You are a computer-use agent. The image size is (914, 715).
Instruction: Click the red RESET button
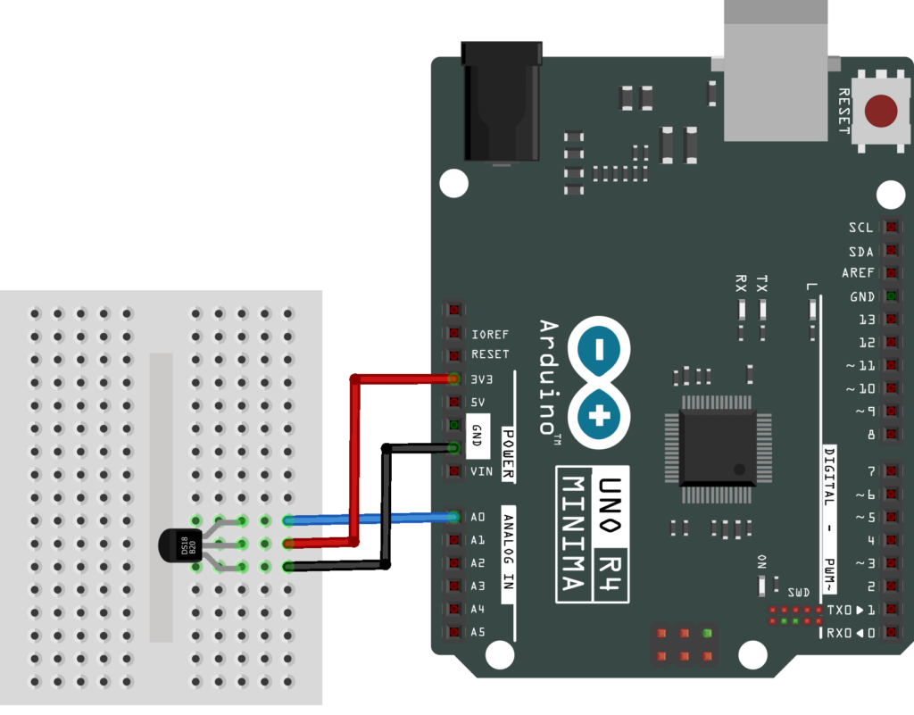pyautogui.click(x=880, y=111)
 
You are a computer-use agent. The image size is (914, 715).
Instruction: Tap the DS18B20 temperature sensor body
pyautogui.click(x=179, y=544)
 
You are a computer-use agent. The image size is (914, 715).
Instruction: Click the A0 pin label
pyautogui.click(x=477, y=517)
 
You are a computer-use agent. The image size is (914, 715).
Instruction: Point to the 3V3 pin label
pyautogui.click(x=480, y=378)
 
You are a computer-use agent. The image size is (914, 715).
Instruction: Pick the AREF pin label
pyautogui.click(x=858, y=273)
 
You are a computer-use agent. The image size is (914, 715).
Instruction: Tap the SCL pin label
pyautogui.click(x=861, y=228)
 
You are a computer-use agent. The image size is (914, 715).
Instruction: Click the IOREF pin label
pyautogui.click(x=489, y=335)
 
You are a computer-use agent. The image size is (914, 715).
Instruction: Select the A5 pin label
pyautogui.click(x=477, y=632)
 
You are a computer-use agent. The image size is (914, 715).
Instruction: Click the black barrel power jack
pyautogui.click(x=501, y=103)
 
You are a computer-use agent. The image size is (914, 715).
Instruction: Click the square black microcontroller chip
pyautogui.click(x=718, y=447)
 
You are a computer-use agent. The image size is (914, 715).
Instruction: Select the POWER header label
pyautogui.click(x=506, y=441)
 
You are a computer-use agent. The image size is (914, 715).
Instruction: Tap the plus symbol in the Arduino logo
pyautogui.click(x=599, y=415)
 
